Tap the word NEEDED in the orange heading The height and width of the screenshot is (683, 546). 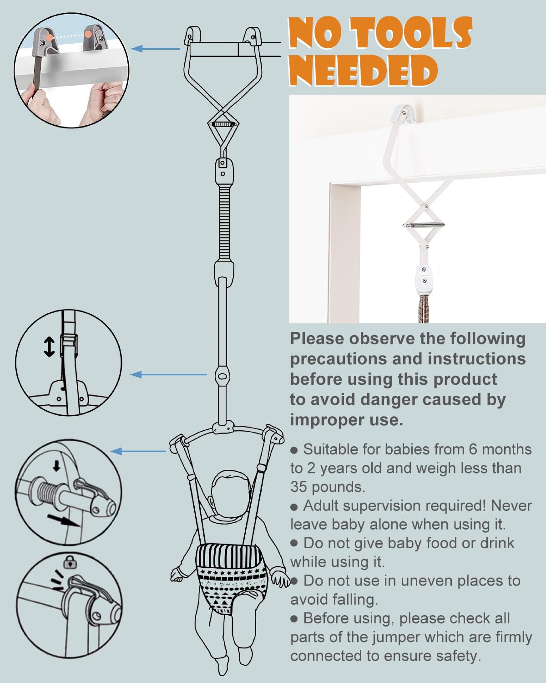pos(364,70)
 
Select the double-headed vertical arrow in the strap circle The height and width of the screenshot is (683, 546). pos(49,347)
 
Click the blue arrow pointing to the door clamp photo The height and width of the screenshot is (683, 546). pos(156,49)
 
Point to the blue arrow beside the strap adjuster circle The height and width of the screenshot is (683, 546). pos(168,374)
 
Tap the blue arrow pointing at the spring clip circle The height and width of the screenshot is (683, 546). pos(138,451)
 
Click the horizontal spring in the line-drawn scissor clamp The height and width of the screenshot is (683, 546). pos(224,124)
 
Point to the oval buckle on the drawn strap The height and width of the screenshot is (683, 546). pos(222,376)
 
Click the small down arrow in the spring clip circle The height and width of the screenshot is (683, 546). pos(56,466)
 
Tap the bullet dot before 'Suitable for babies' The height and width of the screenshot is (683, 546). pos(294,451)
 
